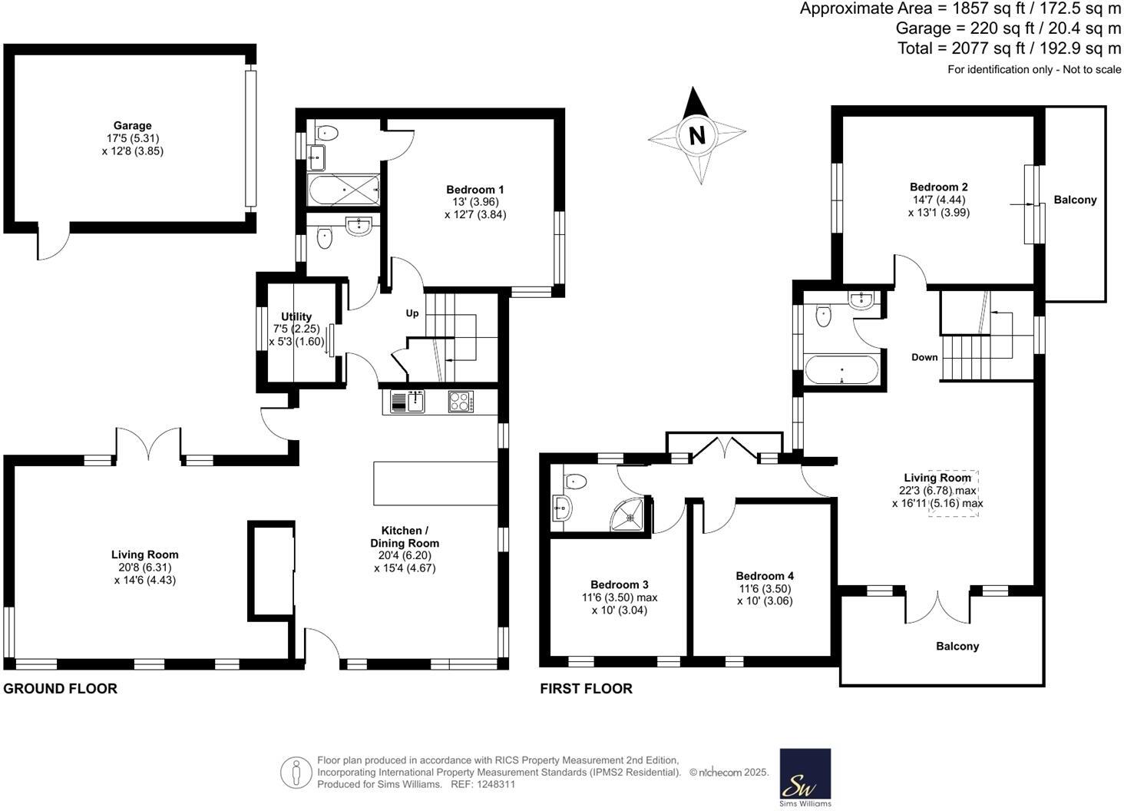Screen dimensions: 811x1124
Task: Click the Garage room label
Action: click(132, 126)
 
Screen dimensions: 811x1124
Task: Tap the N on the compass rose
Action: click(696, 136)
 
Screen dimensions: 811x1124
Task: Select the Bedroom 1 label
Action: click(475, 190)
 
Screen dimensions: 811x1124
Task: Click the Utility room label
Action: click(296, 316)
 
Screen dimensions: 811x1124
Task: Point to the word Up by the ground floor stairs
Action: click(412, 313)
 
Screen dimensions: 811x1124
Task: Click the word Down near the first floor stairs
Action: click(924, 357)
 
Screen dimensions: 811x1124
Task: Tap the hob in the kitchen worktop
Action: click(461, 402)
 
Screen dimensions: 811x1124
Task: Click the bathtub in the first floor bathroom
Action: click(841, 370)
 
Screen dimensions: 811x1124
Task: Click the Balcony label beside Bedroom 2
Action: click(1075, 200)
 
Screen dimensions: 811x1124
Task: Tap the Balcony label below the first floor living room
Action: click(957, 646)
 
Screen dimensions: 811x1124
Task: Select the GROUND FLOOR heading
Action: click(61, 688)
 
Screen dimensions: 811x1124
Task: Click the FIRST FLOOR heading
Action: click(586, 688)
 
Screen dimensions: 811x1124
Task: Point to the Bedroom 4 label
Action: click(765, 576)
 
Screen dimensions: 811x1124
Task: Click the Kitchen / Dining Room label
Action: click(405, 537)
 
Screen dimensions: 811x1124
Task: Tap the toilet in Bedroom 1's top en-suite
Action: click(327, 132)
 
